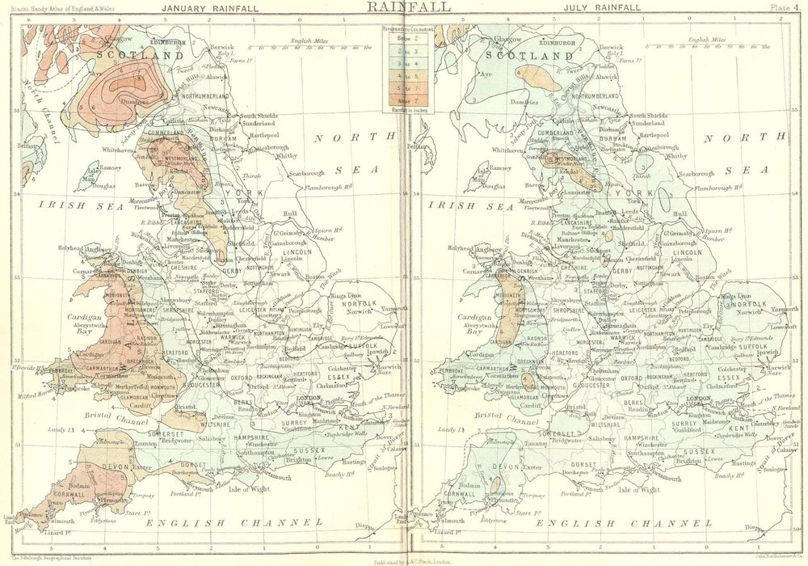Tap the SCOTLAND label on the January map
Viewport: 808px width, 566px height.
tap(140, 56)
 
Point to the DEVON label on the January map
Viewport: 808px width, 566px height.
tap(112, 467)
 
